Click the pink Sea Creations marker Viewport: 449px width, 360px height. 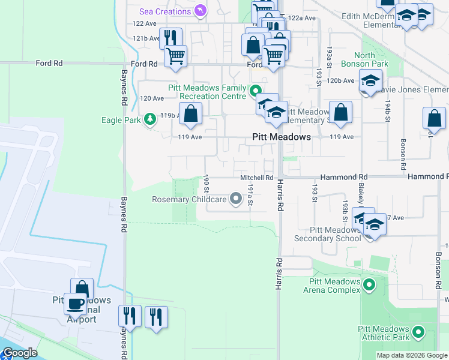pyautogui.click(x=200, y=11)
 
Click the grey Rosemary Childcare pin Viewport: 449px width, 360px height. pyautogui.click(x=236, y=199)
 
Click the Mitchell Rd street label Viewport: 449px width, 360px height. pyautogui.click(x=257, y=178)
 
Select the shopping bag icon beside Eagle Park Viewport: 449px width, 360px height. pyautogui.click(x=190, y=113)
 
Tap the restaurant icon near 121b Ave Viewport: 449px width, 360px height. pyautogui.click(x=170, y=38)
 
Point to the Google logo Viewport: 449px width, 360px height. pyautogui.click(x=19, y=353)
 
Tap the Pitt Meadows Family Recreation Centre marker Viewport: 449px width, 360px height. pyautogui.click(x=255, y=92)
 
